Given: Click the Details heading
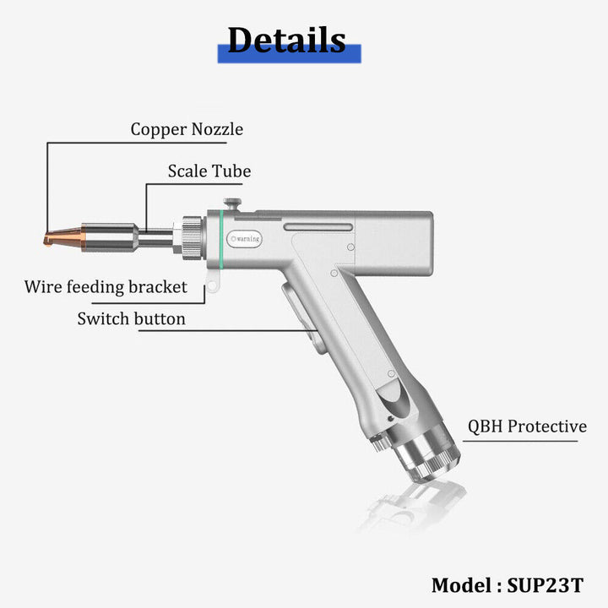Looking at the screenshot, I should (286, 39).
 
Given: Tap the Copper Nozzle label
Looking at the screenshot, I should (187, 129).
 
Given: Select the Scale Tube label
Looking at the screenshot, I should (209, 171).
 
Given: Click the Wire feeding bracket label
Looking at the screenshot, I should (106, 286).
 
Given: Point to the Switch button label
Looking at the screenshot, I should (131, 318).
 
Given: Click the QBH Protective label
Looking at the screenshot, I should (527, 426).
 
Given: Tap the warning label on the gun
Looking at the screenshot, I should (246, 239).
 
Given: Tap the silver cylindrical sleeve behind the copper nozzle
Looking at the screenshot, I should (109, 236).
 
